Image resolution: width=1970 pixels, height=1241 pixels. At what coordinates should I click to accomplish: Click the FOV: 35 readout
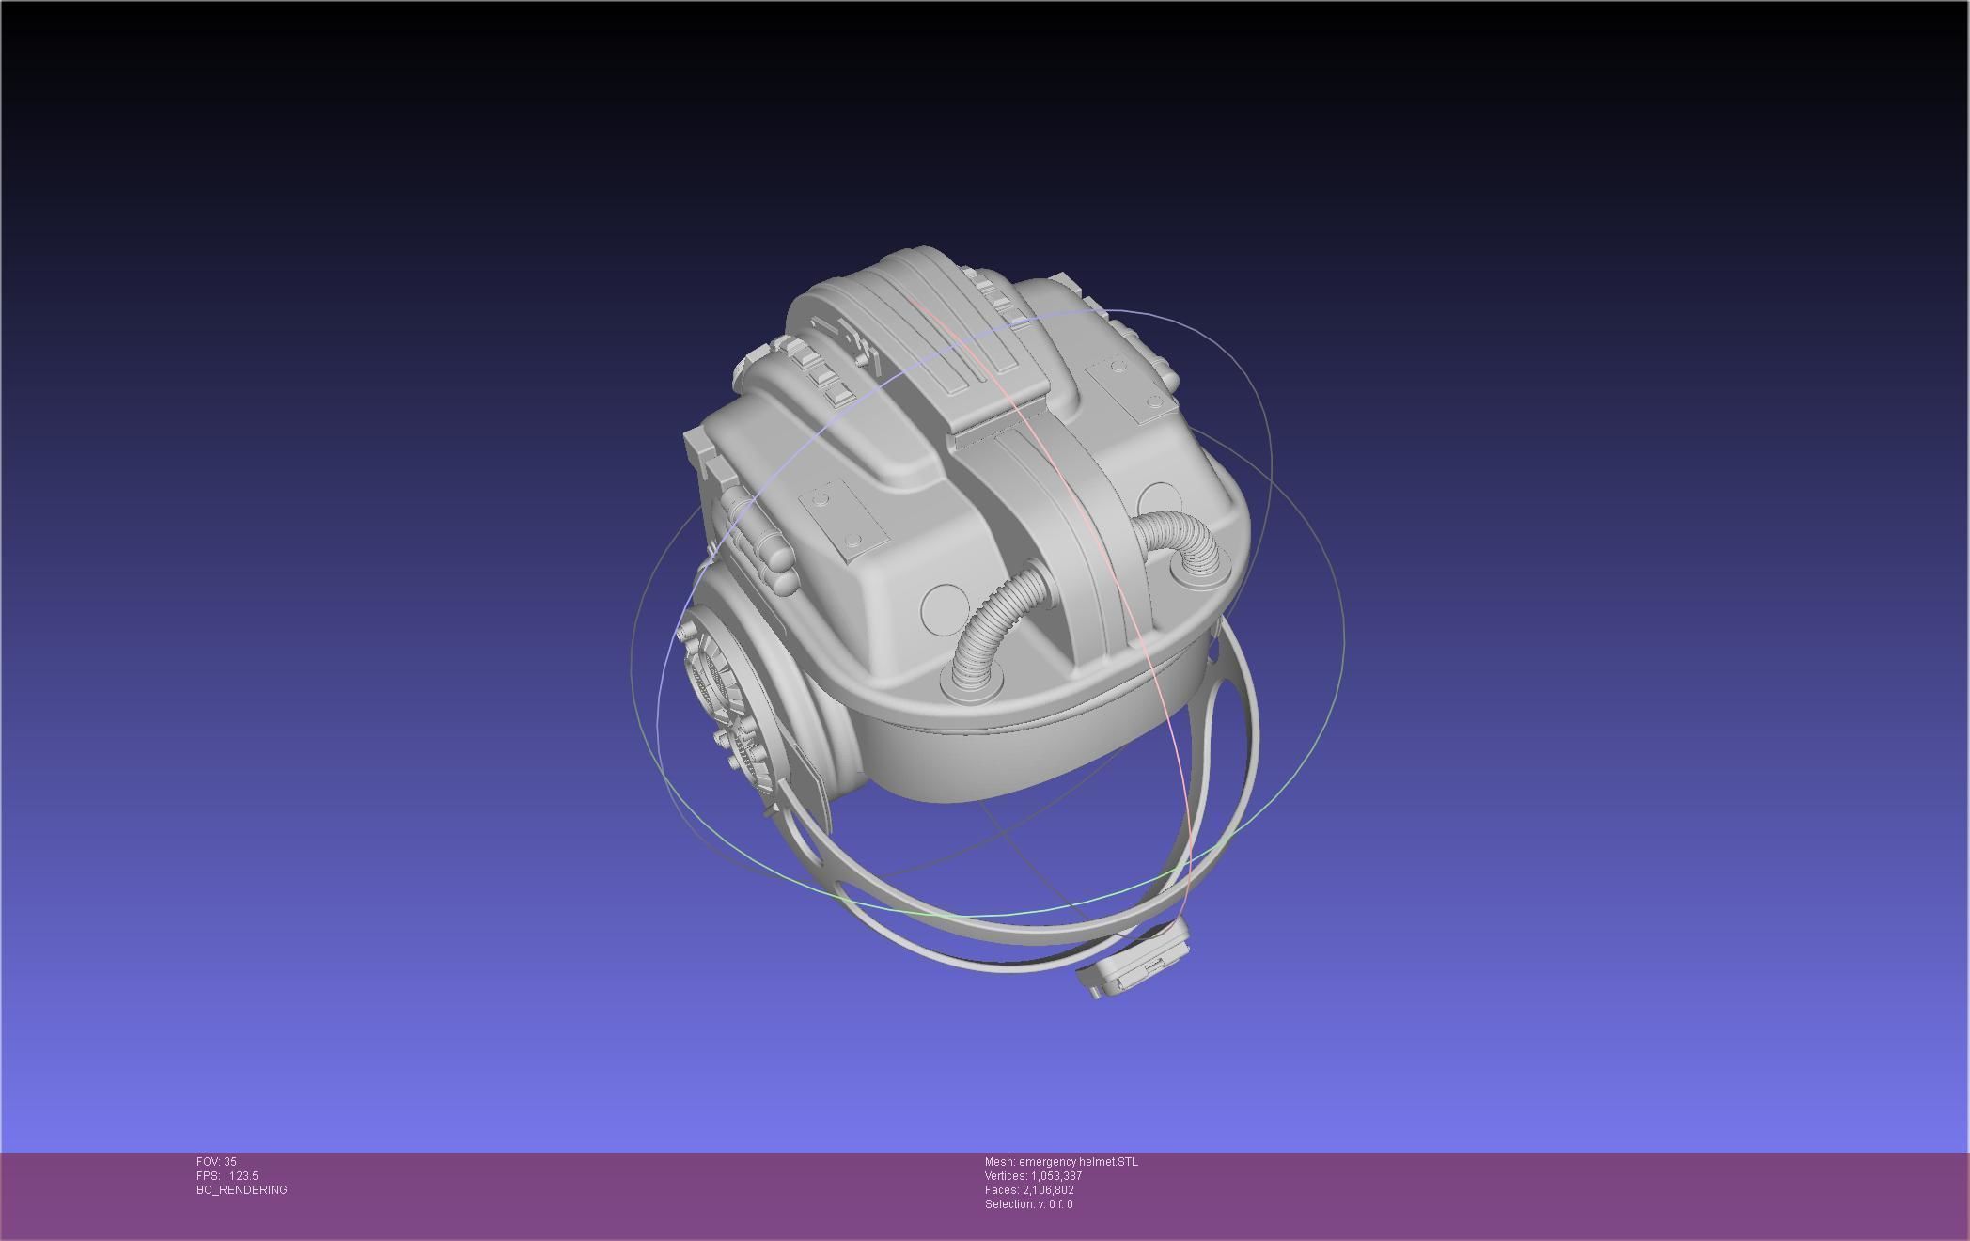pos(216,1162)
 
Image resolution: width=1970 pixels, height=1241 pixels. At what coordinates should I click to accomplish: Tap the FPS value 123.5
pos(242,1176)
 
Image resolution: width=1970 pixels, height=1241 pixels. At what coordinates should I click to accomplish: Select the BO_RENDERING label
pos(242,1190)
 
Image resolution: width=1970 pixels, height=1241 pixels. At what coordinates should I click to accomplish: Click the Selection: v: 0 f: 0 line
pos(1028,1204)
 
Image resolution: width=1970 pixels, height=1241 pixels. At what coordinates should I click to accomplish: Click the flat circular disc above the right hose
pos(1159,498)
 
